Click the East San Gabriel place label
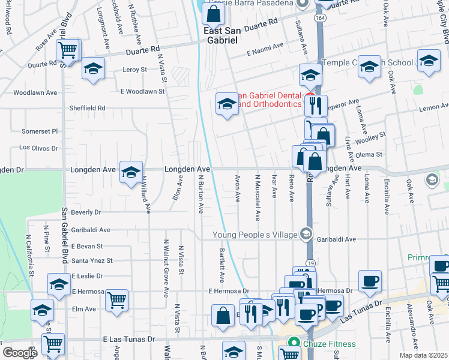point(220,35)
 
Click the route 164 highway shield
point(320,19)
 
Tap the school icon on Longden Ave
point(131,173)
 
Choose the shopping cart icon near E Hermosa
point(116,298)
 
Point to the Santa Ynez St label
point(92,261)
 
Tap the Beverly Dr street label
point(86,212)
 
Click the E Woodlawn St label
point(142,92)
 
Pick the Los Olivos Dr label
point(38,147)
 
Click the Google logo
point(20,353)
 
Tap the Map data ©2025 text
point(423,355)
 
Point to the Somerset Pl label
point(40,131)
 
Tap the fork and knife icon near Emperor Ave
point(315,106)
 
